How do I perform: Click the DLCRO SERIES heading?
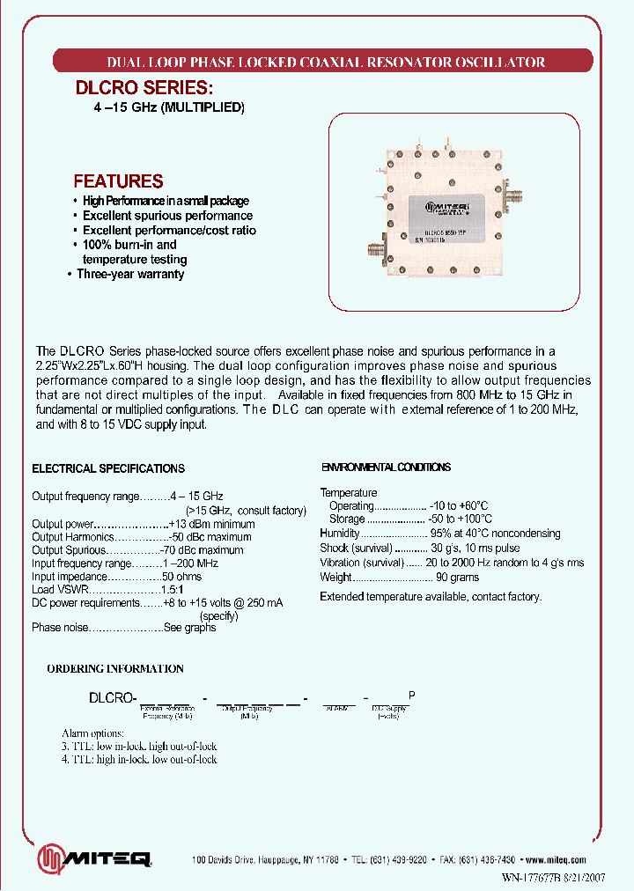point(143,88)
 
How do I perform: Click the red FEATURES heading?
point(118,181)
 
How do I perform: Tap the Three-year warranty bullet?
point(129,274)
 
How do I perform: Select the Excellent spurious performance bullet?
point(167,216)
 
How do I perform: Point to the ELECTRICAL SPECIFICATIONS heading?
point(108,469)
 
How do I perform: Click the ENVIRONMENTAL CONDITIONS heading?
point(386,468)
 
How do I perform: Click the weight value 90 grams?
point(457,578)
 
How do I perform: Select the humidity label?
point(340,533)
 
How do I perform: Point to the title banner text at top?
point(325,63)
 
